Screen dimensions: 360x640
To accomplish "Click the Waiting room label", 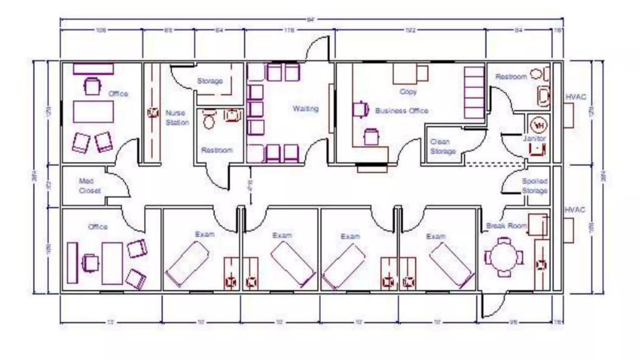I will point(305,109).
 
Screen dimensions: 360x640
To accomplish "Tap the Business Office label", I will point(402,111).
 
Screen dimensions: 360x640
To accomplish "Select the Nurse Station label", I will point(177,117).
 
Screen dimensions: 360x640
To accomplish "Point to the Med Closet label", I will point(89,186).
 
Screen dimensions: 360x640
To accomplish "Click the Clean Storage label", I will point(442,146).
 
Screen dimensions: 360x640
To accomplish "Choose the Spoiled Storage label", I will point(535,186).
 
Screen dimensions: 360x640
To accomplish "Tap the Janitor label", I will point(534,138).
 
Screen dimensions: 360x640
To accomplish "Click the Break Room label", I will point(506,226).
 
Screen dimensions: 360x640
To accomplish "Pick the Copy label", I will point(408,92).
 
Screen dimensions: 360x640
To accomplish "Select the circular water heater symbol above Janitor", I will point(539,125).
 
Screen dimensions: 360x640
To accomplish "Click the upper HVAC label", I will point(576,97).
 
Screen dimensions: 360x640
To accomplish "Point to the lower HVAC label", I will point(574,210).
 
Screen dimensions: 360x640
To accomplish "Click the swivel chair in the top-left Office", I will point(92,86).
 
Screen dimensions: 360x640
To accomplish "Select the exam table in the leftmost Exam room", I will point(187,264).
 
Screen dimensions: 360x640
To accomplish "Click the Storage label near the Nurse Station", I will point(210,81).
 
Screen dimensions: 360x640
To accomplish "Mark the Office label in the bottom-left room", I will point(98,227).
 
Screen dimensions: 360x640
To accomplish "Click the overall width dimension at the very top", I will point(310,20).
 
